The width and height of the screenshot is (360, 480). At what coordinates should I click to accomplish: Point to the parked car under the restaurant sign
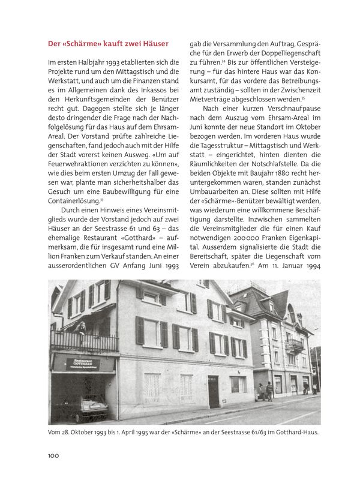coord(86,408)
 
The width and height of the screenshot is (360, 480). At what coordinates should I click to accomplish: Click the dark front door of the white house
coord(213,391)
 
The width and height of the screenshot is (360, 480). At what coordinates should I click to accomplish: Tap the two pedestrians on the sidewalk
coord(265,391)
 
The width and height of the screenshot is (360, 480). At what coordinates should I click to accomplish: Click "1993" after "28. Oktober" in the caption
coord(104,433)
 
